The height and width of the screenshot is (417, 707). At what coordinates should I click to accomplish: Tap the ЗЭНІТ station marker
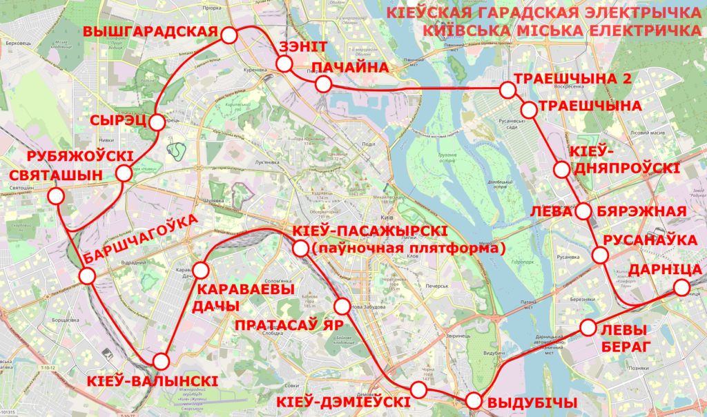[284, 64]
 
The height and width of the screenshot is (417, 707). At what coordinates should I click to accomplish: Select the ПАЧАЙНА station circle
[322, 85]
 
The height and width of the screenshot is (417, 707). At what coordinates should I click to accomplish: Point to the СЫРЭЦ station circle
[157, 123]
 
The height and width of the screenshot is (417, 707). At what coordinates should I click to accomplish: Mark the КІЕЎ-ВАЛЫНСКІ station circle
[162, 360]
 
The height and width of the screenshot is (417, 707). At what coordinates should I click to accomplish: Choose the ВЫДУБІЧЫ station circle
[473, 400]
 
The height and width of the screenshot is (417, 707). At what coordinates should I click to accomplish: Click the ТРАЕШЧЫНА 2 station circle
[507, 90]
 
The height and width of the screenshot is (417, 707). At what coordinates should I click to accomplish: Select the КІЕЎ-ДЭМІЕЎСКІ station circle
[418, 389]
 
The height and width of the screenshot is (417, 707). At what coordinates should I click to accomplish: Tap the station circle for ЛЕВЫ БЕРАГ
[588, 327]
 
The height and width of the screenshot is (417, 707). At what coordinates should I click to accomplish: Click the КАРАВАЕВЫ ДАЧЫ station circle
[202, 269]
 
